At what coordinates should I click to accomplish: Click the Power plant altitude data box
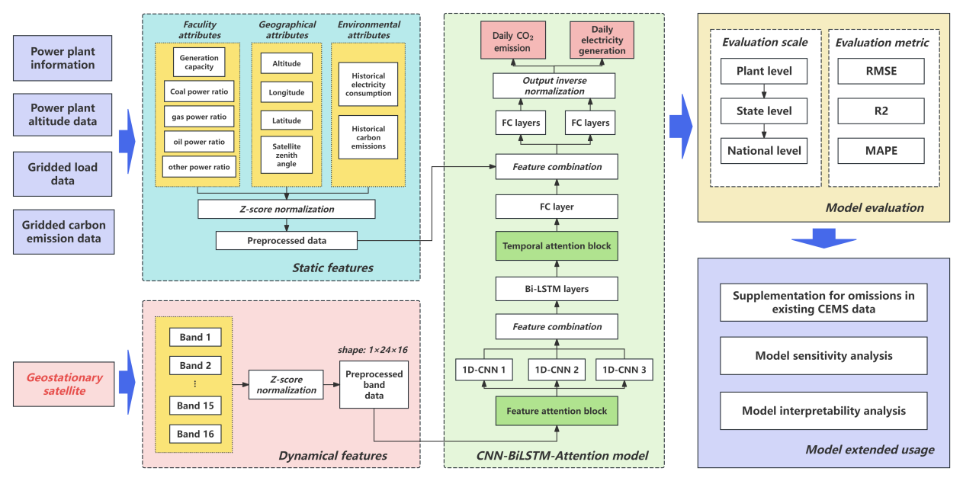point(63,115)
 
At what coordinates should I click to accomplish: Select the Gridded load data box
point(63,174)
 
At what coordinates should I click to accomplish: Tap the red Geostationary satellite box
point(63,384)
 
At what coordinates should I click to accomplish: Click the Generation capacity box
point(197,63)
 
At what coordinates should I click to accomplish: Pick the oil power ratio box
point(197,142)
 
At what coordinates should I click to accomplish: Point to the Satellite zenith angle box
point(287,155)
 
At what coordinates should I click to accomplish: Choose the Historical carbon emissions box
point(368,137)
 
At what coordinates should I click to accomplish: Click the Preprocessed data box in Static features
point(287,241)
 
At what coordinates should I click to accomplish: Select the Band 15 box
point(195,406)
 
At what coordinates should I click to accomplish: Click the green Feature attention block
point(557,411)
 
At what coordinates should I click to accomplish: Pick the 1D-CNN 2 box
point(557,370)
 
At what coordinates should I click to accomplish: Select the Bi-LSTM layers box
point(557,289)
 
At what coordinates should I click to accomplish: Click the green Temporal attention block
point(557,247)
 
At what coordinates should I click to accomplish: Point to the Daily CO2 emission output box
point(512,42)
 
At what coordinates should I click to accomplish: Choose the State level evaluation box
point(764,111)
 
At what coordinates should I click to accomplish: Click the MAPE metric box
point(881,150)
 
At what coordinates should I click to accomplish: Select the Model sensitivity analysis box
point(823,355)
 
